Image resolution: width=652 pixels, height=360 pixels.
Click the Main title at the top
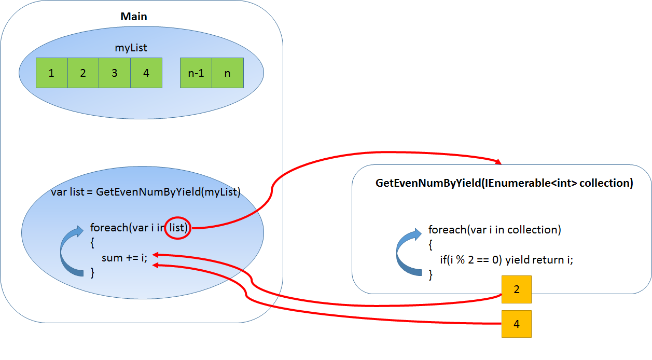point(134,17)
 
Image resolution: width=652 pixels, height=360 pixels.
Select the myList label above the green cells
point(131,48)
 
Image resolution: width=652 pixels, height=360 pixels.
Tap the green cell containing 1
point(51,73)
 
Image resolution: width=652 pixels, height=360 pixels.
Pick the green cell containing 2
point(83,73)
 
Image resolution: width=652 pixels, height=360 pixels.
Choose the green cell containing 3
point(115,73)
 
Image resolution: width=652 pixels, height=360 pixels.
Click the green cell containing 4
point(146,73)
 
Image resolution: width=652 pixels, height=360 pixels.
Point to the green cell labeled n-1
point(196,73)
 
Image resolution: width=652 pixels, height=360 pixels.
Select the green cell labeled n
point(227,73)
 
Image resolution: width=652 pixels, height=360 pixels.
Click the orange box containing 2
point(517,289)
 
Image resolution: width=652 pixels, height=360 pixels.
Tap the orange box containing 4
point(517,324)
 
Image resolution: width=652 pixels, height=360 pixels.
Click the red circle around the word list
point(178,228)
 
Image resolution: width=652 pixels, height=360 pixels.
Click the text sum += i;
point(124,257)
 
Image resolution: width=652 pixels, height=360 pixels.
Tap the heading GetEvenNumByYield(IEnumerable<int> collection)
point(504,184)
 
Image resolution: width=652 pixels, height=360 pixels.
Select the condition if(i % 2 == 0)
point(471,260)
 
